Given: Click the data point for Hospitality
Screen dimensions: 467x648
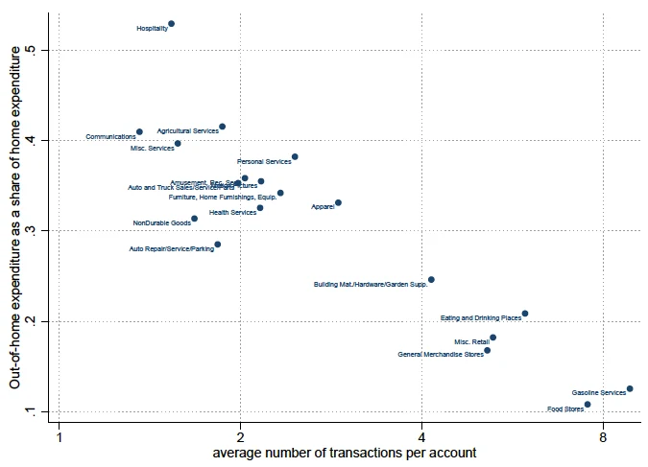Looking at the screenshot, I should coord(171,24).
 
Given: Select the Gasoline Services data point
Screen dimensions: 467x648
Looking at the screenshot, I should coord(630,388).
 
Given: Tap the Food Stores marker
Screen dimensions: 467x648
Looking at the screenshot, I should coord(588,405).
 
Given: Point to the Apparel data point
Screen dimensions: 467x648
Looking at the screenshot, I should coord(338,202).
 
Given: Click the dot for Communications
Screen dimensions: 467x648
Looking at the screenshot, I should coord(139,132).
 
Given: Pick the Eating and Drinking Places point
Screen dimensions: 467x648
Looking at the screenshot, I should coord(525,314).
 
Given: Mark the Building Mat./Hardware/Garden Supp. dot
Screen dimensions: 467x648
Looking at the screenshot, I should coord(431,280).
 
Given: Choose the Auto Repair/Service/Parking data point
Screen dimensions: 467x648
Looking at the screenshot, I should coord(218,245).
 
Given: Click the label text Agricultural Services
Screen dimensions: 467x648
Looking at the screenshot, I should coord(188,130).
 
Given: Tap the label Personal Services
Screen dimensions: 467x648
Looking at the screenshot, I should coord(264,161).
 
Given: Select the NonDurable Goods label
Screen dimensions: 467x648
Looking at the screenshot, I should coord(161,223).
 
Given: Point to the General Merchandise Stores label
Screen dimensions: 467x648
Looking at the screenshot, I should coord(441,355).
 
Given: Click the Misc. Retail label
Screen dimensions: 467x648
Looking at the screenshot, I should coord(471,341).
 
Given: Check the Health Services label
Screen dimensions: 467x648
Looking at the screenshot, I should coord(232,212).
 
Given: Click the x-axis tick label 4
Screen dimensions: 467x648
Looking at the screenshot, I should coord(421,438).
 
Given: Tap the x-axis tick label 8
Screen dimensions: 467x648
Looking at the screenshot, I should coord(603,438).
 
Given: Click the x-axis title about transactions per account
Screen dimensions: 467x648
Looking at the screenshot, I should coord(344,454).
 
